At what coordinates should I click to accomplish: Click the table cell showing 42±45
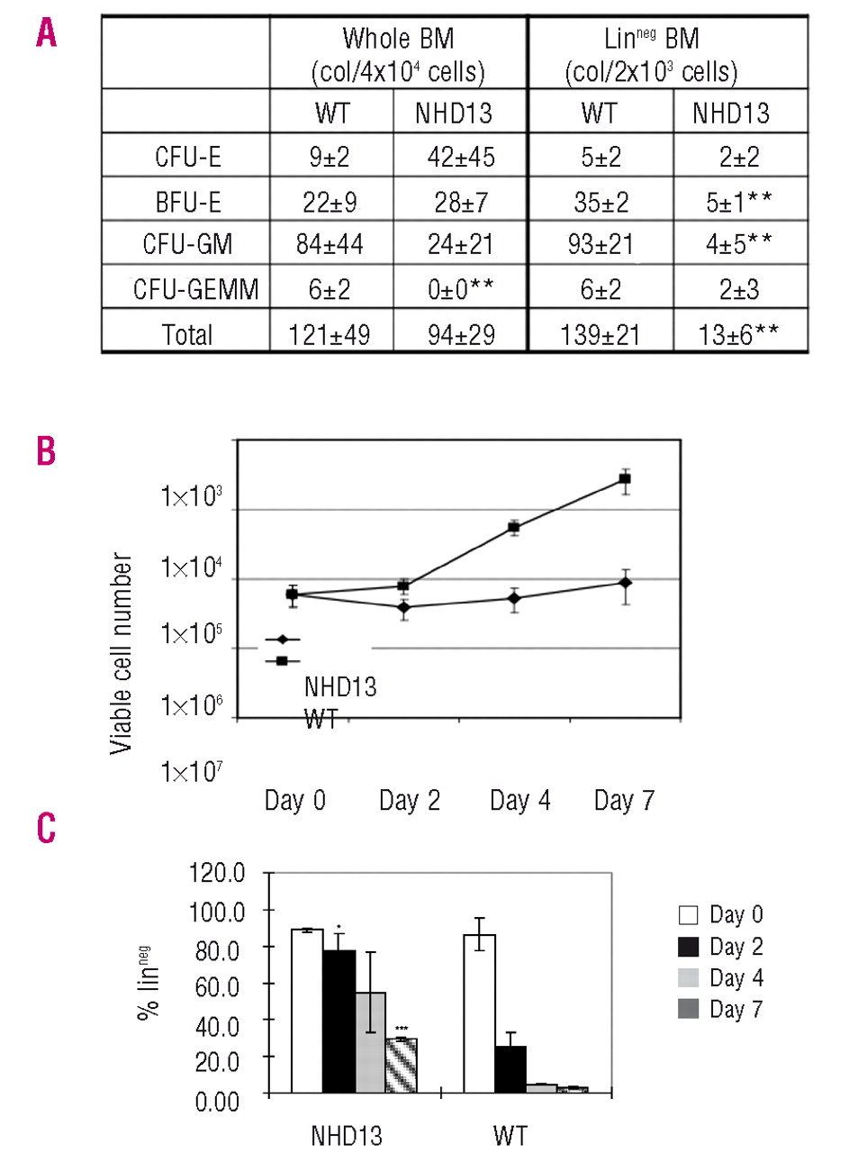tap(460, 157)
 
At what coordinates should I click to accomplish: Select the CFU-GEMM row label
tap(195, 289)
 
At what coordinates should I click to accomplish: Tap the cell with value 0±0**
tap(460, 289)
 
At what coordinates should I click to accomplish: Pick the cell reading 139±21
tap(600, 335)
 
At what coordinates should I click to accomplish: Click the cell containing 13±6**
tap(738, 335)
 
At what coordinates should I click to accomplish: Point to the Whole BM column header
tap(398, 54)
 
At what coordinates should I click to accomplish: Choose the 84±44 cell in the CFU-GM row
tap(330, 244)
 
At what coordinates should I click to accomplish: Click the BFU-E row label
tap(188, 201)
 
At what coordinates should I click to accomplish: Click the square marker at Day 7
tap(625, 479)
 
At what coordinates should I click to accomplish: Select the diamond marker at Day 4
tap(514, 598)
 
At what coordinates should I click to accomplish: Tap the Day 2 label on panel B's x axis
tap(410, 800)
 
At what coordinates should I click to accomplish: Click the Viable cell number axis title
tap(121, 653)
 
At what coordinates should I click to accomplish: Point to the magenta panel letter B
tap(46, 450)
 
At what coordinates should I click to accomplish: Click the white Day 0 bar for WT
tap(479, 1013)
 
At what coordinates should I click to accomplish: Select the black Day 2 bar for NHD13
tap(339, 1021)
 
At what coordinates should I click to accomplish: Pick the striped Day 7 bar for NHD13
tap(401, 1066)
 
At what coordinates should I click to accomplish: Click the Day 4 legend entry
tap(720, 978)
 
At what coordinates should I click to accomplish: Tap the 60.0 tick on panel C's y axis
tap(220, 987)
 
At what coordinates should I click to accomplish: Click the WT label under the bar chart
tap(510, 1135)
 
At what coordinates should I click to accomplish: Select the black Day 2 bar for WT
tap(510, 1069)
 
